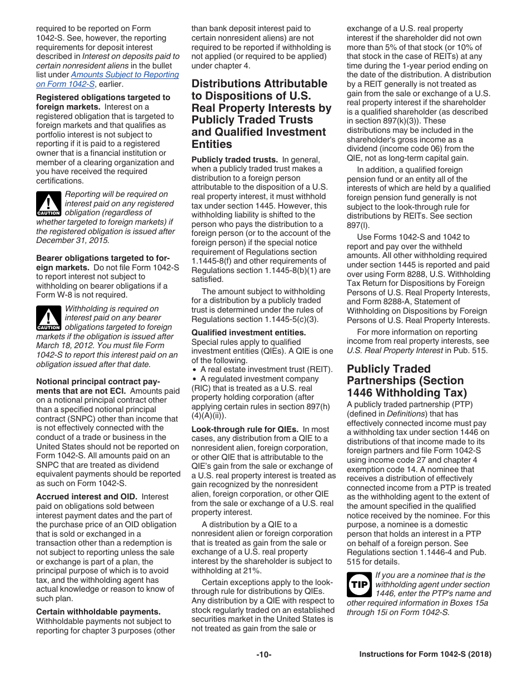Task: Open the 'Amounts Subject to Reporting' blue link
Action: (x=125, y=75)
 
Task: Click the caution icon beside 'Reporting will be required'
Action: (x=48, y=204)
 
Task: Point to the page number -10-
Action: (x=263, y=655)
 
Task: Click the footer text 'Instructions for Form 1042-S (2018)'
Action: (x=425, y=655)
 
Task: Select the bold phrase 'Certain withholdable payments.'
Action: (x=98, y=612)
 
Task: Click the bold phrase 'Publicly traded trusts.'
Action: (x=234, y=160)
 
